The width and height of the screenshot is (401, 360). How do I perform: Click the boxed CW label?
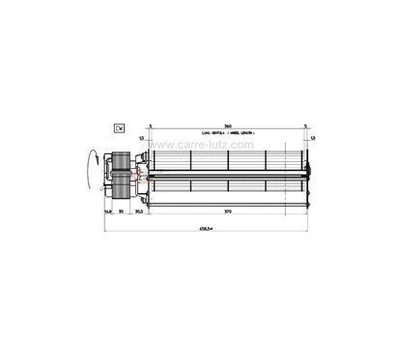[x=119, y=127]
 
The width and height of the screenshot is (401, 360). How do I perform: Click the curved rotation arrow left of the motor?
[x=93, y=166]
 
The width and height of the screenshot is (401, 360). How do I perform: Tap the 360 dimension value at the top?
[x=227, y=125]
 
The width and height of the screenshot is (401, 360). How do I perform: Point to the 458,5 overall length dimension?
[x=205, y=229]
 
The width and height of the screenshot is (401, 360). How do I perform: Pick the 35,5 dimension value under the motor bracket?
[x=139, y=210]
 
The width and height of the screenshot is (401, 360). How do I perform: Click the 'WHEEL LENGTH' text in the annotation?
[x=240, y=133]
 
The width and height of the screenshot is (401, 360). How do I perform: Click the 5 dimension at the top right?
[x=304, y=125]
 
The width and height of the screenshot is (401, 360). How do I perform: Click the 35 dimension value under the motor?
[x=122, y=210]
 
